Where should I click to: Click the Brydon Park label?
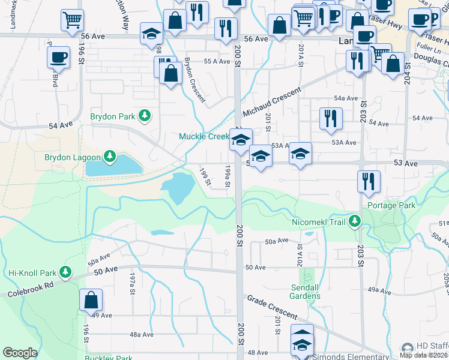(112, 115)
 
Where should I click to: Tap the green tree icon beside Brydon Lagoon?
(109, 157)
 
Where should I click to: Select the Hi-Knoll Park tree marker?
(65, 272)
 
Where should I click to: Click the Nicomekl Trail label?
(319, 222)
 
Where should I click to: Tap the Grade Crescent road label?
(272, 307)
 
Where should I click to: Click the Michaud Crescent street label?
(271, 103)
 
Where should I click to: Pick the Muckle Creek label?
(203, 136)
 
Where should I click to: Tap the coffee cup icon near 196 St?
(58, 58)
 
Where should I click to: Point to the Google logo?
(20, 353)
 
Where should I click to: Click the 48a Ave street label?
(142, 335)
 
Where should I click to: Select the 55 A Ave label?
(217, 61)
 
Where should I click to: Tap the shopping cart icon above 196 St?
(72, 20)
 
